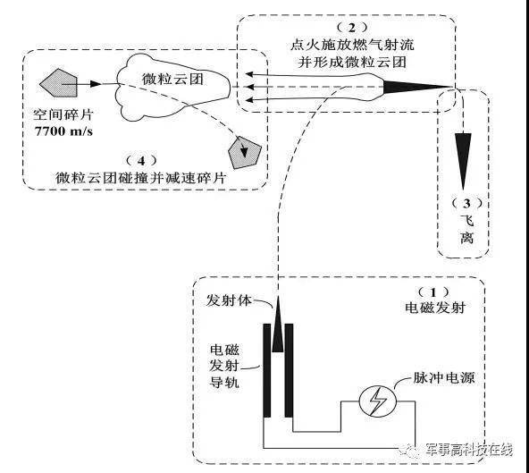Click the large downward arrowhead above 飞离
click(x=461, y=148)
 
